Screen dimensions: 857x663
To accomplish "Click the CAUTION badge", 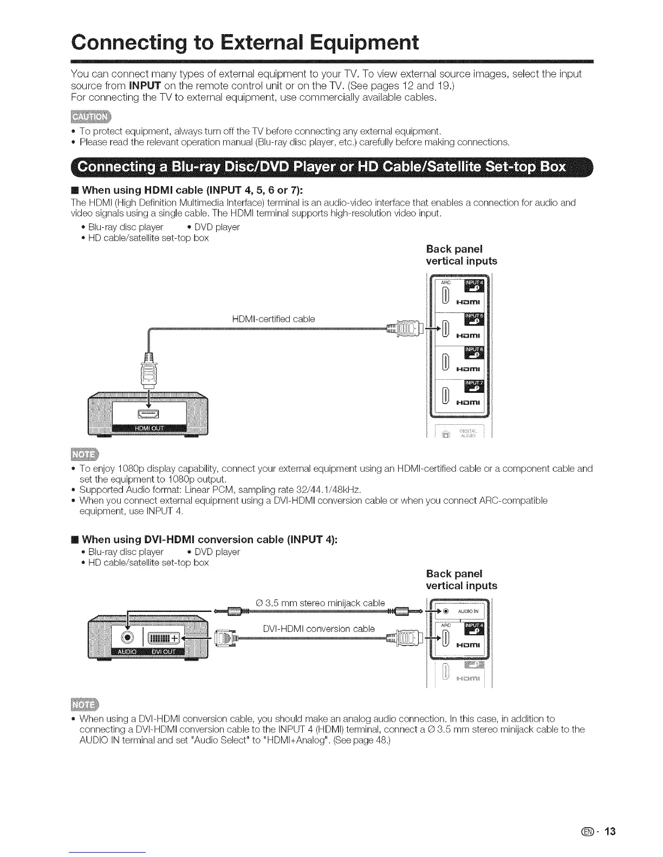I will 90,118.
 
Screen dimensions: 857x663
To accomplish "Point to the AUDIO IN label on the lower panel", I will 467,612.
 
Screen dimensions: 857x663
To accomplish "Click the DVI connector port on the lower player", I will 164,635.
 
